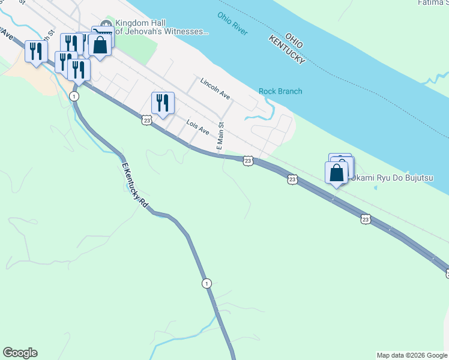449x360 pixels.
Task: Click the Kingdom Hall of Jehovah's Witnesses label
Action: click(159, 26)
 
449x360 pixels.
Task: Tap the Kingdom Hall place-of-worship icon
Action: click(107, 25)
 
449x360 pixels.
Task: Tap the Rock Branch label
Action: click(280, 91)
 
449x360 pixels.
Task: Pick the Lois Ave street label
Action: click(197, 127)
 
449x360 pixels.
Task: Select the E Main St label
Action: click(220, 137)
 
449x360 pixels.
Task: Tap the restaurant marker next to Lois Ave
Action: click(163, 103)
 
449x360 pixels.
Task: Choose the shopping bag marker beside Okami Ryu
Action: click(336, 173)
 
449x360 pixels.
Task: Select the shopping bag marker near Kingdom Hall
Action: click(100, 44)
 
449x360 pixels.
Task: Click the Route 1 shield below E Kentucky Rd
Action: click(206, 284)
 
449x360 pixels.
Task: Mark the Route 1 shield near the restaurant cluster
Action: click(74, 96)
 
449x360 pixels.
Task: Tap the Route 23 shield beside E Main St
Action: click(247, 161)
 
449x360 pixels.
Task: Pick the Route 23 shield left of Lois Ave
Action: click(147, 120)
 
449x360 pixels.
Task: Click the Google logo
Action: click(20, 353)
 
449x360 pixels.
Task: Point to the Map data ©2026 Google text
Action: click(412, 355)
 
